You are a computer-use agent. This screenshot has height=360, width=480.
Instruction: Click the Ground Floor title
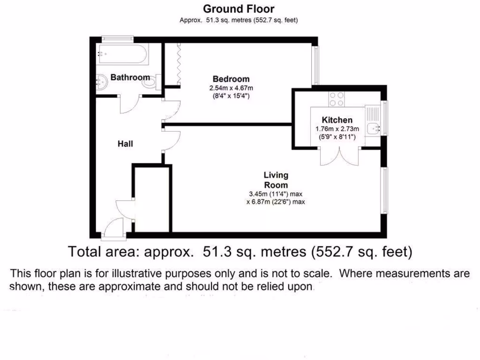click(239, 8)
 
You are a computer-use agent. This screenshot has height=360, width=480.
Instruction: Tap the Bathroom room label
click(130, 77)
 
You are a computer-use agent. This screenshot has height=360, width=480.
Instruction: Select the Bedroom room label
click(231, 79)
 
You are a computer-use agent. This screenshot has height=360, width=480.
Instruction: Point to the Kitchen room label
click(337, 120)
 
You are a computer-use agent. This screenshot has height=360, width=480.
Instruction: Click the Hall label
click(125, 144)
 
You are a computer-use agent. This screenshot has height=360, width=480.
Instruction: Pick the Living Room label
click(276, 180)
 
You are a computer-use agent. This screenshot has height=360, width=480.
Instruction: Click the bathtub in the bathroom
click(122, 54)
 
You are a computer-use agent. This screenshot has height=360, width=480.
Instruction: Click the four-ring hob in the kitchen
click(336, 98)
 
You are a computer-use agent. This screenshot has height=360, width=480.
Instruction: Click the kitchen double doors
click(340, 156)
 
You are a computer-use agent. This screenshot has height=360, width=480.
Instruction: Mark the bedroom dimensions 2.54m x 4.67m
click(231, 88)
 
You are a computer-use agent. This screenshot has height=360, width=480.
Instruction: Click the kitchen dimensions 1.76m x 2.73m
click(337, 129)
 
